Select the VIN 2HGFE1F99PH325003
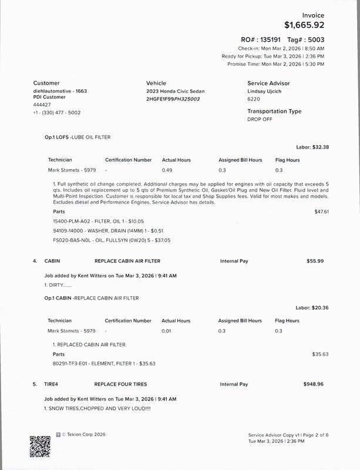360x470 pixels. (173, 99)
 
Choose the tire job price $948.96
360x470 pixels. (313, 384)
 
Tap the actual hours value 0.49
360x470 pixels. (167, 170)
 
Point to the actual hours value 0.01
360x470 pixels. (167, 331)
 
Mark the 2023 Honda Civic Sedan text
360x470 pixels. (173, 92)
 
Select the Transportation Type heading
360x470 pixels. (274, 111)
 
